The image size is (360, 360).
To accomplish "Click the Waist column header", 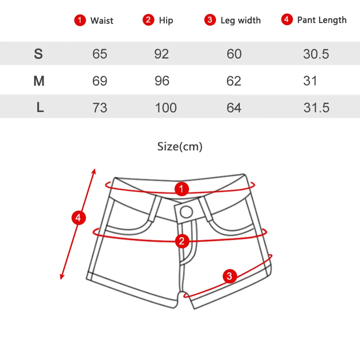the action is pyautogui.click(x=102, y=20).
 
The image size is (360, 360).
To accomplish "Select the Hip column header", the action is pyautogui.click(x=166, y=20).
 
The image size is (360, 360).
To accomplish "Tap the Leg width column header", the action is pyautogui.click(x=241, y=20).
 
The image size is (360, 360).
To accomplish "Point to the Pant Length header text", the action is pyautogui.click(x=322, y=20).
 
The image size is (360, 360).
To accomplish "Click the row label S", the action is pyautogui.click(x=38, y=54).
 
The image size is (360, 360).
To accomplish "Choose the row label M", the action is pyautogui.click(x=39, y=81).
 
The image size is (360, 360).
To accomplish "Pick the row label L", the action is pyautogui.click(x=40, y=107).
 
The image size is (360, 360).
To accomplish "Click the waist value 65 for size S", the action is pyautogui.click(x=99, y=54).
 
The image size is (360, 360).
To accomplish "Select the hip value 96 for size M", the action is pyautogui.click(x=162, y=81).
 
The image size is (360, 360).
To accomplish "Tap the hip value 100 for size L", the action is pyautogui.click(x=166, y=108).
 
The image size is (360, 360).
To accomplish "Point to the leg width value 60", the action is pyautogui.click(x=234, y=54).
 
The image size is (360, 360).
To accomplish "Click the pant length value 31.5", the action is pyautogui.click(x=316, y=108).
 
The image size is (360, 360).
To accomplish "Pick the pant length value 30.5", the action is pyautogui.click(x=316, y=54).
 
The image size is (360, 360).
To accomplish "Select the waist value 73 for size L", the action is pyautogui.click(x=99, y=108).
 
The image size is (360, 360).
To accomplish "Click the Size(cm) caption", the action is pyautogui.click(x=180, y=147).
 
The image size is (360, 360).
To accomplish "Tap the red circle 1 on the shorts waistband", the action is pyautogui.click(x=182, y=189).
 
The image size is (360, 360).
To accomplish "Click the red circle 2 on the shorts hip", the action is pyautogui.click(x=182, y=241).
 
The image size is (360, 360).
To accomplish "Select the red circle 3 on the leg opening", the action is pyautogui.click(x=229, y=276).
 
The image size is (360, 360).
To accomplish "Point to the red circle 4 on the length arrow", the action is pyautogui.click(x=78, y=218).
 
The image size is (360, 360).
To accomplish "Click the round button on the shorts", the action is pyautogui.click(x=186, y=212).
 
